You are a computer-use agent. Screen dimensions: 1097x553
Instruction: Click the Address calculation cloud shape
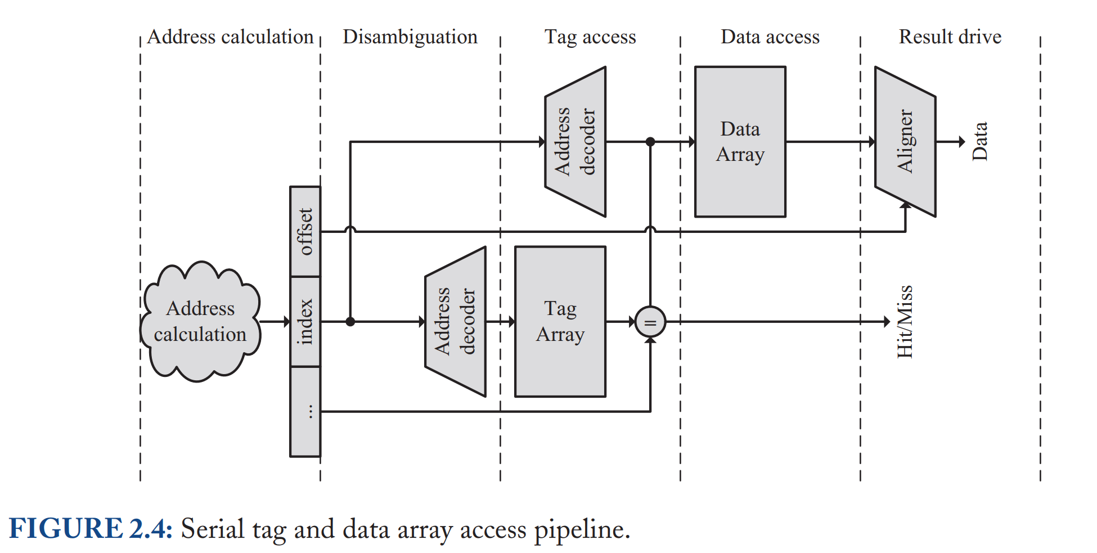pos(200,322)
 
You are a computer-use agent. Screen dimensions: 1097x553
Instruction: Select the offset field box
pos(305,231)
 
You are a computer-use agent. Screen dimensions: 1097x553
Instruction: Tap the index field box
pos(305,322)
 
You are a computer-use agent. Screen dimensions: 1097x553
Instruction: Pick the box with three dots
pos(305,412)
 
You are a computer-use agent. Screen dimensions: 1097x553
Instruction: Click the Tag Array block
pos(560,322)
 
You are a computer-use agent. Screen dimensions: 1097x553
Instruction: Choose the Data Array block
pos(740,142)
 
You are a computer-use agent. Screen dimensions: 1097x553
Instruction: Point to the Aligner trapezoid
pos(905,142)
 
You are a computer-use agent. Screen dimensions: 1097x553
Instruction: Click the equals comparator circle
pos(650,322)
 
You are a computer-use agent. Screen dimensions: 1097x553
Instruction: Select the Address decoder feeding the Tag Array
pos(455,322)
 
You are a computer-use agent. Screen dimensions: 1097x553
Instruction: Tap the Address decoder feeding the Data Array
pos(575,142)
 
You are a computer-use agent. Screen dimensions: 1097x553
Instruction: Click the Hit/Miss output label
pos(905,322)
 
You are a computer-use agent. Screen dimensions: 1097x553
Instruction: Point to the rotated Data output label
pos(979,142)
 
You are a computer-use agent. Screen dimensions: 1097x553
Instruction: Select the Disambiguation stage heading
pos(410,37)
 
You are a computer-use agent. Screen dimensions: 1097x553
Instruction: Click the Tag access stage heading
pos(590,37)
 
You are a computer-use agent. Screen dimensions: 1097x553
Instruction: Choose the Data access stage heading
pos(770,37)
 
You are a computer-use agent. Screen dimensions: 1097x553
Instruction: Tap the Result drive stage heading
pos(950,37)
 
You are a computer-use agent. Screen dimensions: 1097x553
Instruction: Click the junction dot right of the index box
pos(350,322)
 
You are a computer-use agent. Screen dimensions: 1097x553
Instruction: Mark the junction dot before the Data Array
pos(650,142)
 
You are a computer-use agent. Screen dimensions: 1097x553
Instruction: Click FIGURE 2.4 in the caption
pos(91,529)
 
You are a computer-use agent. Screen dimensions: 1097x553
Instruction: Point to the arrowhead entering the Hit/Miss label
pos(887,322)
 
